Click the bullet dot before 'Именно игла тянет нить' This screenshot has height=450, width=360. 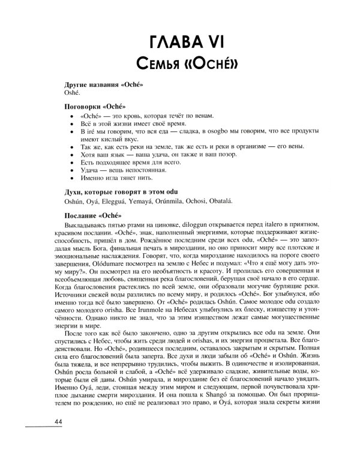click(x=72, y=178)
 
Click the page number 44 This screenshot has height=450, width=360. click(x=58, y=423)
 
